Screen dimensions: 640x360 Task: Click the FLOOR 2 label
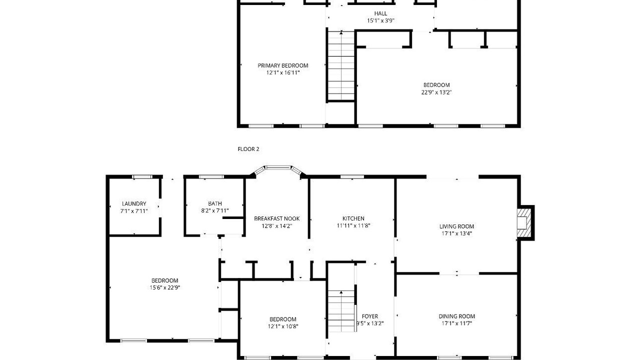coord(248,149)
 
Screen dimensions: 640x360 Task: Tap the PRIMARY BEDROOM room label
coord(283,65)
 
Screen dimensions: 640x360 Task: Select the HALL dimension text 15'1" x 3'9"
coord(380,20)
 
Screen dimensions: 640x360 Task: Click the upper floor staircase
coord(341,65)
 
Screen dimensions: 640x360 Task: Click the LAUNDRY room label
coord(134,203)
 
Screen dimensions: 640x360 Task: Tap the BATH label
coord(215,203)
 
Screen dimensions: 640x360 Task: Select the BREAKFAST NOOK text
coord(277,218)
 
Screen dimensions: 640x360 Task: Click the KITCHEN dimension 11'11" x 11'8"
coord(353,225)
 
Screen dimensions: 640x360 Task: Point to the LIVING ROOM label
coord(456,226)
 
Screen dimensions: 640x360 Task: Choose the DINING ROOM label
coord(456,316)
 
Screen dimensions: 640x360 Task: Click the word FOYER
coord(369,316)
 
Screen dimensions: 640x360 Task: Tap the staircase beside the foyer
coord(341,311)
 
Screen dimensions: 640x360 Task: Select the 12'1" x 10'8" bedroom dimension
coord(283,326)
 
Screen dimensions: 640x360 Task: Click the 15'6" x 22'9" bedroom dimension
coord(165,287)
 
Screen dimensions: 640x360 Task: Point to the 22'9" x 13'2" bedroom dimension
coord(436,92)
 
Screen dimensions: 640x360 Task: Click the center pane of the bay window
coord(278,167)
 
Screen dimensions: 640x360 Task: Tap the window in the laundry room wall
coord(142,177)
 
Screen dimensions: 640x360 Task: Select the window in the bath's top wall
coord(211,177)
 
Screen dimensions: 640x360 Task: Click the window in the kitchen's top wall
coord(352,177)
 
